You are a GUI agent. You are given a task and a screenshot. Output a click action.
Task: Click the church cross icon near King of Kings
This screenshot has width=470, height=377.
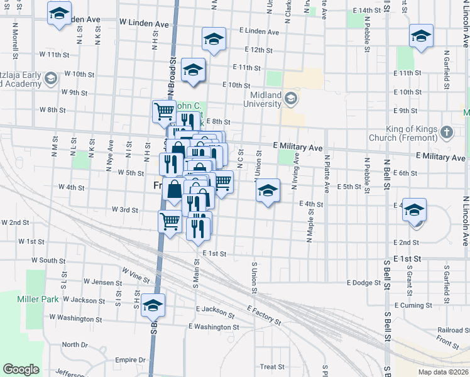pyautogui.click(x=446, y=132)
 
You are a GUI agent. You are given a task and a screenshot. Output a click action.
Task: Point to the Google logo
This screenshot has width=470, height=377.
pyautogui.click(x=21, y=369)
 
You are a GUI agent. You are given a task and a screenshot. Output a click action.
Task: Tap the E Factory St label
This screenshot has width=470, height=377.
pyautogui.click(x=264, y=315)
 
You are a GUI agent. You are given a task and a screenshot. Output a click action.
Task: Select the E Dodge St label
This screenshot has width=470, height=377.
pyautogui.click(x=364, y=283)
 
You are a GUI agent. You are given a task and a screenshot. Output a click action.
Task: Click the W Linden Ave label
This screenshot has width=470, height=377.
pyautogui.click(x=144, y=23)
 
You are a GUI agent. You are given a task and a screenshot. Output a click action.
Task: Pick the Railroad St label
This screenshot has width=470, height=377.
pyautogui.click(x=450, y=330)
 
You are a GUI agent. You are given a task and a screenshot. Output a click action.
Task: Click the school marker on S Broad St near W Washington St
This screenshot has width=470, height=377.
pyautogui.click(x=153, y=305)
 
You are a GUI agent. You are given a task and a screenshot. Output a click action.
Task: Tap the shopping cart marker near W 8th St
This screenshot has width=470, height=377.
pyautogui.click(x=164, y=112)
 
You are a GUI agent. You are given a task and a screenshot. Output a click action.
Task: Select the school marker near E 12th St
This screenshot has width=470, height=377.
pyautogui.click(x=214, y=40)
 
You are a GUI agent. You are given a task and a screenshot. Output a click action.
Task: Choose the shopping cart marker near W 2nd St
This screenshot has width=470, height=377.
pyautogui.click(x=170, y=222)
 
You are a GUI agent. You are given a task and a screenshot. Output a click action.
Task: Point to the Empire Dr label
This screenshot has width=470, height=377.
pyautogui.click(x=131, y=360)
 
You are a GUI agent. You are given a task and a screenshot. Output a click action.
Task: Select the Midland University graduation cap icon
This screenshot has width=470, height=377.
pyautogui.click(x=291, y=98)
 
